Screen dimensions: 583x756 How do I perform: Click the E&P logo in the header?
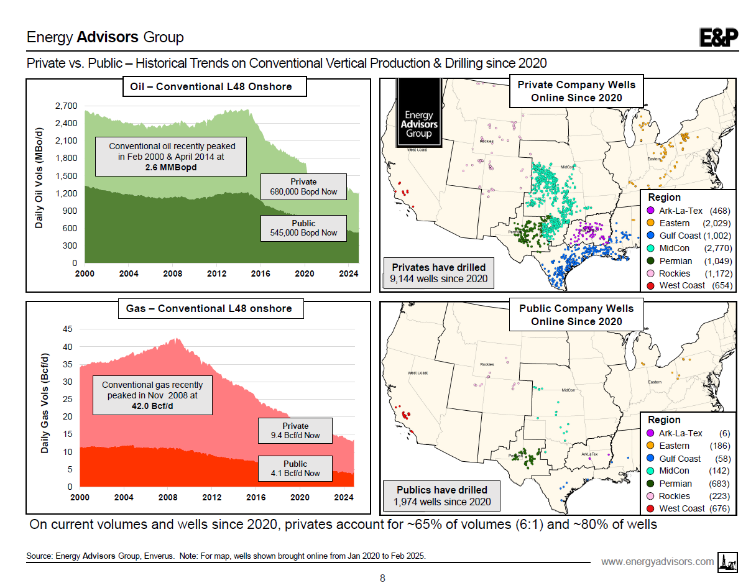coord(719,38)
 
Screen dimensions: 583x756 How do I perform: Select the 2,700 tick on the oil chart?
coord(65,106)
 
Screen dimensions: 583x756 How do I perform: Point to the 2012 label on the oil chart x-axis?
coord(216,273)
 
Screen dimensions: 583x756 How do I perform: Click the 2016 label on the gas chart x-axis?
coord(256,497)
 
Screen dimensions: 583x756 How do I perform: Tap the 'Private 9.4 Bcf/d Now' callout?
coord(295,430)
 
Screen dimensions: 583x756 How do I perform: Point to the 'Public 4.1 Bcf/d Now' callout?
coord(295,468)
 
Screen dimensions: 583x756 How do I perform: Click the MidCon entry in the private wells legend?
coord(689,248)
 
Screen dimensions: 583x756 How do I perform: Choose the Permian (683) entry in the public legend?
coord(689,484)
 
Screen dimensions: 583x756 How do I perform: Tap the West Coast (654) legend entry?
coord(689,285)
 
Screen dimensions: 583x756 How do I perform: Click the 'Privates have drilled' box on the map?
coord(439,272)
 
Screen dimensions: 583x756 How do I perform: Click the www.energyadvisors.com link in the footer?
coord(658,562)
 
